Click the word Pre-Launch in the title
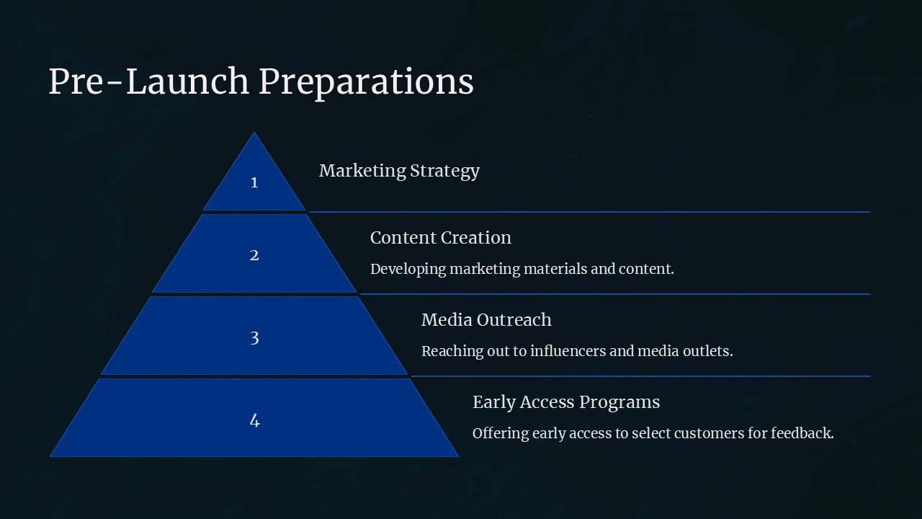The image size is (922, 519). pos(148,81)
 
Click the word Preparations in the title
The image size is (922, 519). pos(367,83)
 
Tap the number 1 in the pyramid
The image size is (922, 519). pos(254,182)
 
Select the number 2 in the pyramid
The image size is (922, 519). pos(254,255)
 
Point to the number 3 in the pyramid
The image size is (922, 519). pos(254,338)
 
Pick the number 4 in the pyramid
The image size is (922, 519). pos(254,420)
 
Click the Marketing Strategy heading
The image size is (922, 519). pos(399,172)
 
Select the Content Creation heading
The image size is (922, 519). pos(440,238)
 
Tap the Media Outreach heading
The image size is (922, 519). pos(486,320)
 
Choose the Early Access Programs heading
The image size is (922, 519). pos(566,403)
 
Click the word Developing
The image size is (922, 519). pos(408,270)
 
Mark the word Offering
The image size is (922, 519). pos(501,434)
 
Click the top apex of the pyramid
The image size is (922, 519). pos(254,133)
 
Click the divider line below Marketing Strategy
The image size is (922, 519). pos(590,212)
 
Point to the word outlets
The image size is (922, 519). pos(708,351)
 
